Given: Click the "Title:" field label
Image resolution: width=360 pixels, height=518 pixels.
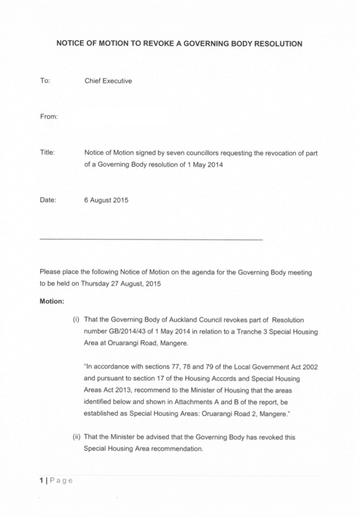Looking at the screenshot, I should coord(47,153).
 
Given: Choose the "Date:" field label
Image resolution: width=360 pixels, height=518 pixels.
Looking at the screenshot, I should coord(48,200).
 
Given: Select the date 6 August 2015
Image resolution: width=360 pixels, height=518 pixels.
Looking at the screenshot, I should coord(106,200).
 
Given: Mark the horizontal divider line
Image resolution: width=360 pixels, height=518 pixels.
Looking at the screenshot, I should coord(151,240).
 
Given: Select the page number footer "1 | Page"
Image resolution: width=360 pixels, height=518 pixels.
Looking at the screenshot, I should coord(56,481).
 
